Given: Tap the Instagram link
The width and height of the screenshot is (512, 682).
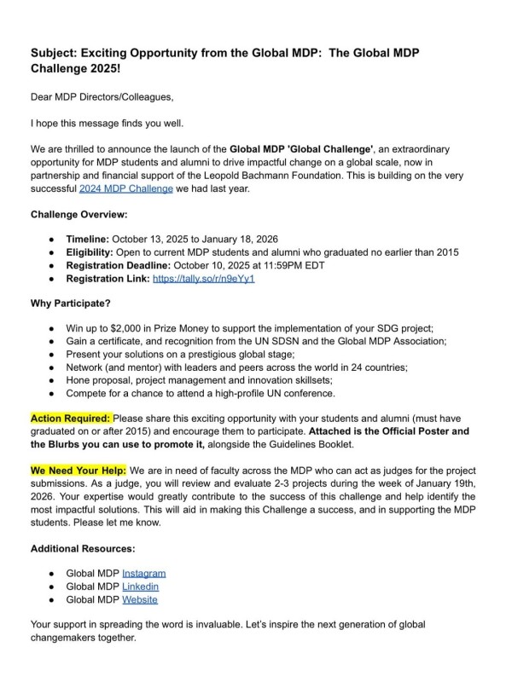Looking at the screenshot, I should point(143,573).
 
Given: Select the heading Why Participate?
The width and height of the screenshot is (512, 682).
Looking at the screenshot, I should point(69,303).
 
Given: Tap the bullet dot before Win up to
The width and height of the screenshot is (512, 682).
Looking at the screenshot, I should point(53,327).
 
